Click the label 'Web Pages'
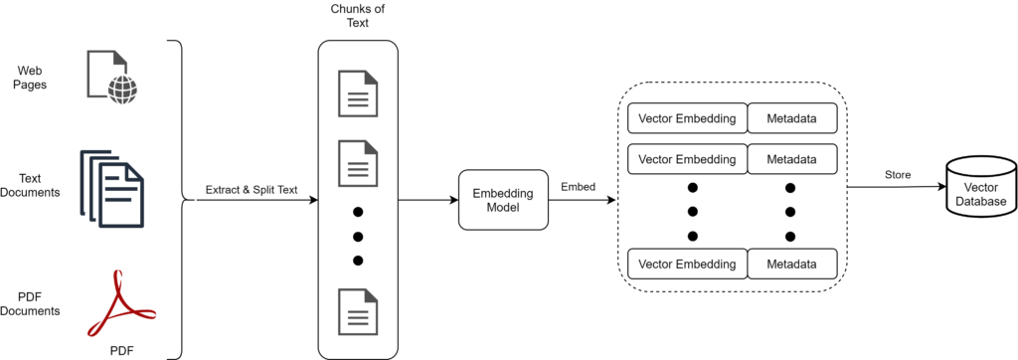(31, 77)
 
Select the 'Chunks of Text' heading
(357, 17)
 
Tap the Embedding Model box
(502, 201)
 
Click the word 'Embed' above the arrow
(579, 187)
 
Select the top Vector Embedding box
(687, 119)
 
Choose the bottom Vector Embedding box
(687, 265)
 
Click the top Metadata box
(792, 119)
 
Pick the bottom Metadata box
(792, 265)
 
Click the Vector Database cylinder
(976, 190)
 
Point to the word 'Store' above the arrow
(898, 175)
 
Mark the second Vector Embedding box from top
(687, 158)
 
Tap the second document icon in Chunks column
(358, 162)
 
